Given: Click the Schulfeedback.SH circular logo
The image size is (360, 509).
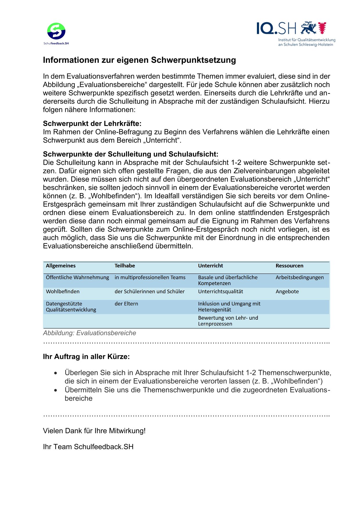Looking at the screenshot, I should [56, 31].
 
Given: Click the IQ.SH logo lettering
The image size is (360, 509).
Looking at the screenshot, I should [276, 28].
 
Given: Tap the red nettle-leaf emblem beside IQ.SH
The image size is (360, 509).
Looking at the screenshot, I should [322, 28].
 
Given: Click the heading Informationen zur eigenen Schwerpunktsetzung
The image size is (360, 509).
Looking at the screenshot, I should [139, 60].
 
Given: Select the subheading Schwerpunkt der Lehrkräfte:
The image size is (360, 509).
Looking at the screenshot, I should [92, 124].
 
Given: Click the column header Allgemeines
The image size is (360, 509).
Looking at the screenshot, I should [61, 266].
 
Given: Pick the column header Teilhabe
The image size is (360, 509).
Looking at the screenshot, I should [125, 266].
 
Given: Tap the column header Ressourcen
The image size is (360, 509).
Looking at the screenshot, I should [289, 266].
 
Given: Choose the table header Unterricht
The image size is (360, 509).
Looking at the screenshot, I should [210, 266].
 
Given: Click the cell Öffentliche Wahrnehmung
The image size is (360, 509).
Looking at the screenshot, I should [78, 278].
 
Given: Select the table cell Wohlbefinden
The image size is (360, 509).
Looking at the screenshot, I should [63, 292].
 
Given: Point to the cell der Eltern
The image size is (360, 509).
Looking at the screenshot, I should [126, 304].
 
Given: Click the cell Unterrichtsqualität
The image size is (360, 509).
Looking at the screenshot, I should [221, 292].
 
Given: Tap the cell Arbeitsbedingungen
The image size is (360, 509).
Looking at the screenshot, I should [300, 278].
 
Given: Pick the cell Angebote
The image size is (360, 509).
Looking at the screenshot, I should [287, 292].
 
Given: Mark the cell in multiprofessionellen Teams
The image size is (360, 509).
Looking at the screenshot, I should [150, 278].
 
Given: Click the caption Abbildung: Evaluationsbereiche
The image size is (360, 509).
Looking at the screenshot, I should [89, 333].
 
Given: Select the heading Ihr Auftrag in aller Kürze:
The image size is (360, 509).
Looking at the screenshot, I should [86, 357].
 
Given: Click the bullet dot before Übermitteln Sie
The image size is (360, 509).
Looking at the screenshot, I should [56, 390].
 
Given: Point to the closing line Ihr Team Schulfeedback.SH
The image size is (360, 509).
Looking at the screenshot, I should [88, 447].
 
